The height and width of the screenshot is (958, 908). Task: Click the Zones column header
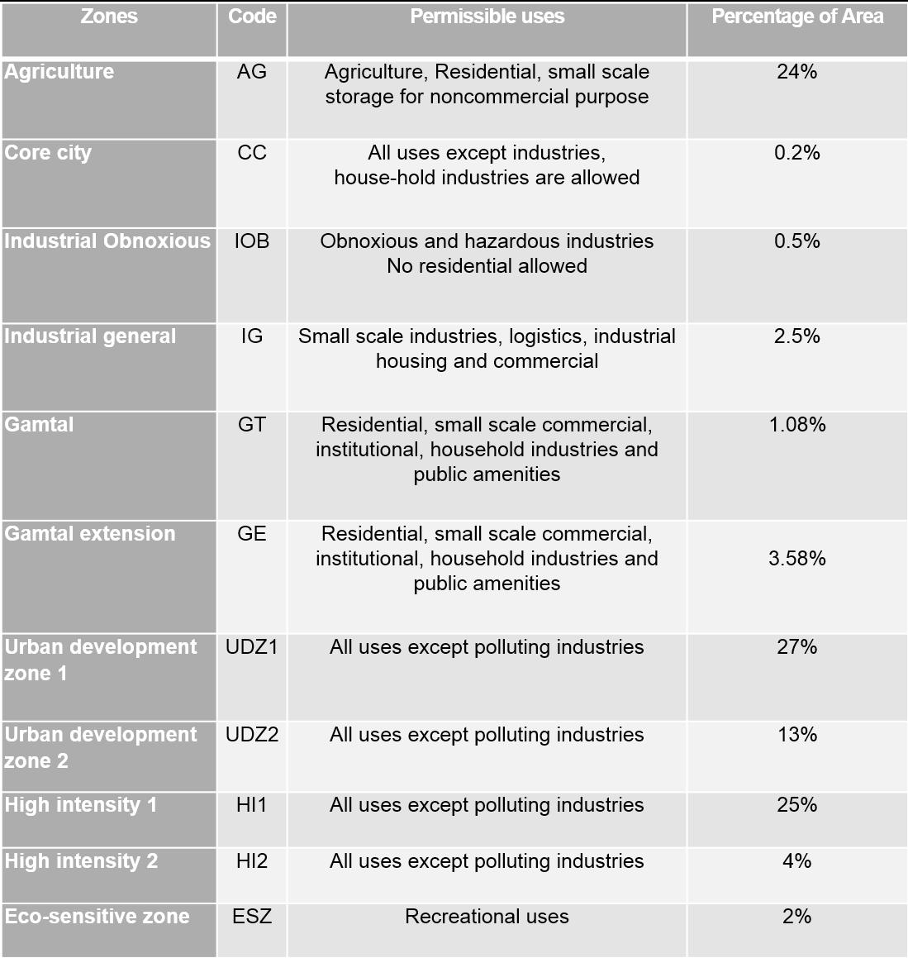109,17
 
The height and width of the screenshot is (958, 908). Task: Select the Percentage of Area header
797,17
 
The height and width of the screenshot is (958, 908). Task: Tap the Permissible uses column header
487,17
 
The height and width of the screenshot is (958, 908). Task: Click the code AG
252,72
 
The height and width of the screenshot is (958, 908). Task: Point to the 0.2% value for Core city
797,153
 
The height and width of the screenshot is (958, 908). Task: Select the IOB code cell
252,241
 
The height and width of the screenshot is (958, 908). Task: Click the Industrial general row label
90,336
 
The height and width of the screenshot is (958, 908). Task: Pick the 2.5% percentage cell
797,336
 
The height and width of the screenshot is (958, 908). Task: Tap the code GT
252,425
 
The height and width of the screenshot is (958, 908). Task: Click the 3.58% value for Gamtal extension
797,559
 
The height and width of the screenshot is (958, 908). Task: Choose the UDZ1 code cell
252,647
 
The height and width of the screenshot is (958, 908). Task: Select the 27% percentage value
797,647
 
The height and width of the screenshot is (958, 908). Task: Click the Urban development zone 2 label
100,747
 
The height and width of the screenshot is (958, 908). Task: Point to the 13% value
797,735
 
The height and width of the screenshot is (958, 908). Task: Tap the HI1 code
252,805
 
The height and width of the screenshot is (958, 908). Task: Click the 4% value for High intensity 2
797,861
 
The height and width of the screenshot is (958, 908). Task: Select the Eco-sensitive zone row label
97,917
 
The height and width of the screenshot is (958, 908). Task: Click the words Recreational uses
487,917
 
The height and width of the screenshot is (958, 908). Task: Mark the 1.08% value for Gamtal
797,425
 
